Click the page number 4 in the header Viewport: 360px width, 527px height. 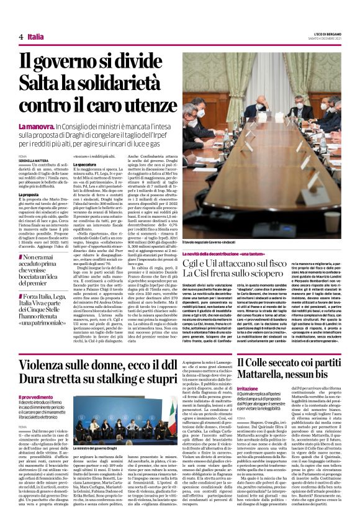coord(21,37)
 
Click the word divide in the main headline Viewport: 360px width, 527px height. coord(144,61)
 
